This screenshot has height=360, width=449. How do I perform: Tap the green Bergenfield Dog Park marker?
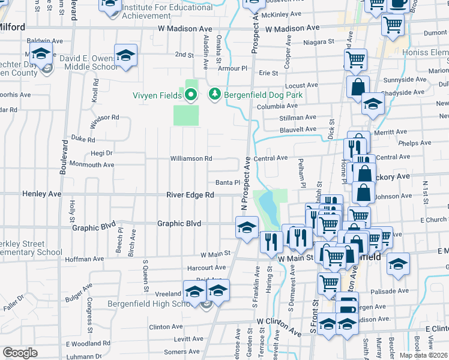click(x=214, y=94)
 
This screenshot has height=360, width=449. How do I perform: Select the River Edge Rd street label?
click(x=190, y=195)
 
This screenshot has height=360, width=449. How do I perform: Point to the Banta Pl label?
click(x=228, y=183)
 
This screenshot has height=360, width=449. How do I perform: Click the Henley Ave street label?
click(x=42, y=194)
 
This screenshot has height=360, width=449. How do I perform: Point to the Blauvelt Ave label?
click(x=297, y=129)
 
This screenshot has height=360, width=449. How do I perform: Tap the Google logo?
click(x=20, y=353)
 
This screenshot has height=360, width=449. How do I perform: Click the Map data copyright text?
click(x=426, y=355)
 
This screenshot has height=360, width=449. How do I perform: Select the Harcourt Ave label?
click(x=205, y=268)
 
